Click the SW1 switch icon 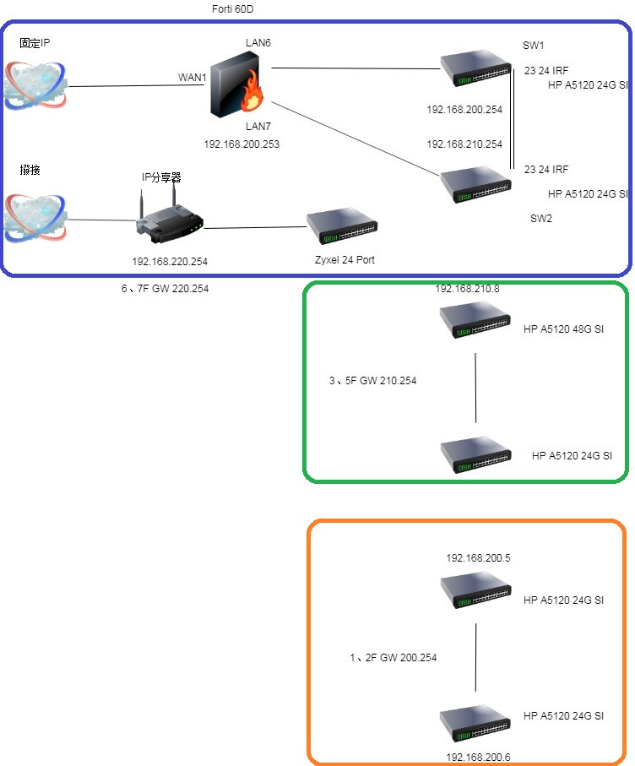coord(476,68)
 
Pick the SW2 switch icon coord(476,183)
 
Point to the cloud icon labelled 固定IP coord(35,85)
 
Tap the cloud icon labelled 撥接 coord(35,219)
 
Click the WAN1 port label coord(193,77)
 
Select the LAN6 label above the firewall coord(258,42)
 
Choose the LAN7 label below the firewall coord(258,126)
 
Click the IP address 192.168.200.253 coord(242,144)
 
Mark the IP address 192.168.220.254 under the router coord(170,262)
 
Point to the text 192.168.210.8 coord(467,288)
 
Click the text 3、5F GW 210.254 coord(372,381)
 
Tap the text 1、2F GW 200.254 coord(393,657)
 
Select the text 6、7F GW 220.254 coord(165,288)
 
